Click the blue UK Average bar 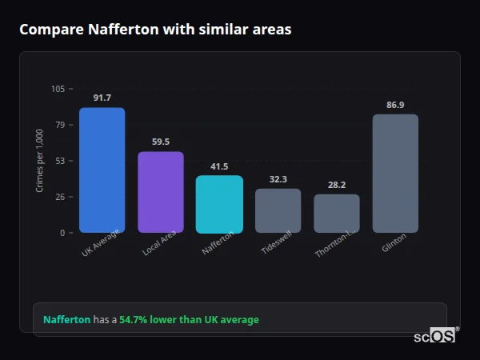point(102,170)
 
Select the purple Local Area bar point(161,192)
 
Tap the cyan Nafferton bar point(219,204)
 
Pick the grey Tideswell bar point(278,210)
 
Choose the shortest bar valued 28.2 point(337,214)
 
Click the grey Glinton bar point(395,174)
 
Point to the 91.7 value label point(102,98)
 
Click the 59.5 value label point(161,142)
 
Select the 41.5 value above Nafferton point(219,166)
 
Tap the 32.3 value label point(278,179)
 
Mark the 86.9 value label point(395,105)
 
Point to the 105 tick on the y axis point(58,89)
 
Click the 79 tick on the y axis point(61,125)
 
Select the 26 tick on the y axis point(61,197)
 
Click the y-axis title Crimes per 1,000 point(40,161)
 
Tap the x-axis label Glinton point(394,242)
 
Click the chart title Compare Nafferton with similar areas point(155,30)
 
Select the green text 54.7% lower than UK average point(189,320)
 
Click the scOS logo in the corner point(435,336)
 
